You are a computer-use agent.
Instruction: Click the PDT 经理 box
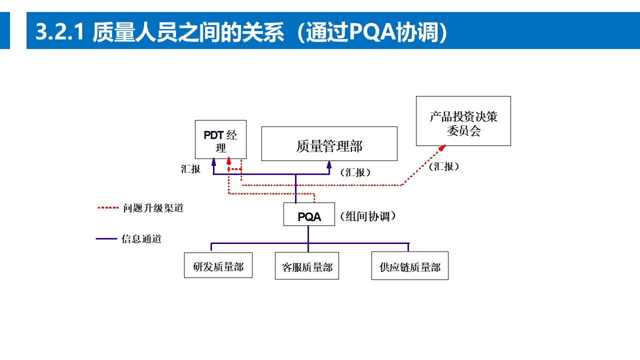[220, 139]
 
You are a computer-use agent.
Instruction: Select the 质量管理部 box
[329, 143]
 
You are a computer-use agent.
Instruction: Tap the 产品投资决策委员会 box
[463, 121]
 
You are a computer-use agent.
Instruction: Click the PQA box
[309, 214]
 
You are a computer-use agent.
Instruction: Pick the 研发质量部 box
[218, 265]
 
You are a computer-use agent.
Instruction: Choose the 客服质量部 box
[307, 265]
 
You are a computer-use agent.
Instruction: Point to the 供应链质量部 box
[410, 265]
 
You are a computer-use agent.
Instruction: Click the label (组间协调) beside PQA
[368, 216]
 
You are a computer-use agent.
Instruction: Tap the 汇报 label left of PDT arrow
[190, 169]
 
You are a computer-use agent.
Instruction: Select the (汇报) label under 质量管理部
[355, 172]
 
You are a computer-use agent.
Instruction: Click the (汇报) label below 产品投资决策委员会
[444, 166]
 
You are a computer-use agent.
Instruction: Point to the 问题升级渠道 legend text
[153, 208]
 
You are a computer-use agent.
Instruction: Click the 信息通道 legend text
[141, 239]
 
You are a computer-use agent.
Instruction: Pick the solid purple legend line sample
[106, 239]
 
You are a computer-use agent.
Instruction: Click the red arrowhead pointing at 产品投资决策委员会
[442, 147]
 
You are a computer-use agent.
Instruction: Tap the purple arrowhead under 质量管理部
[329, 164]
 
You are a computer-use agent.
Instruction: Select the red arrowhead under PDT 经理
[228, 161]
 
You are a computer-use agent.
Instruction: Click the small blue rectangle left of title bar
[4, 30]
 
